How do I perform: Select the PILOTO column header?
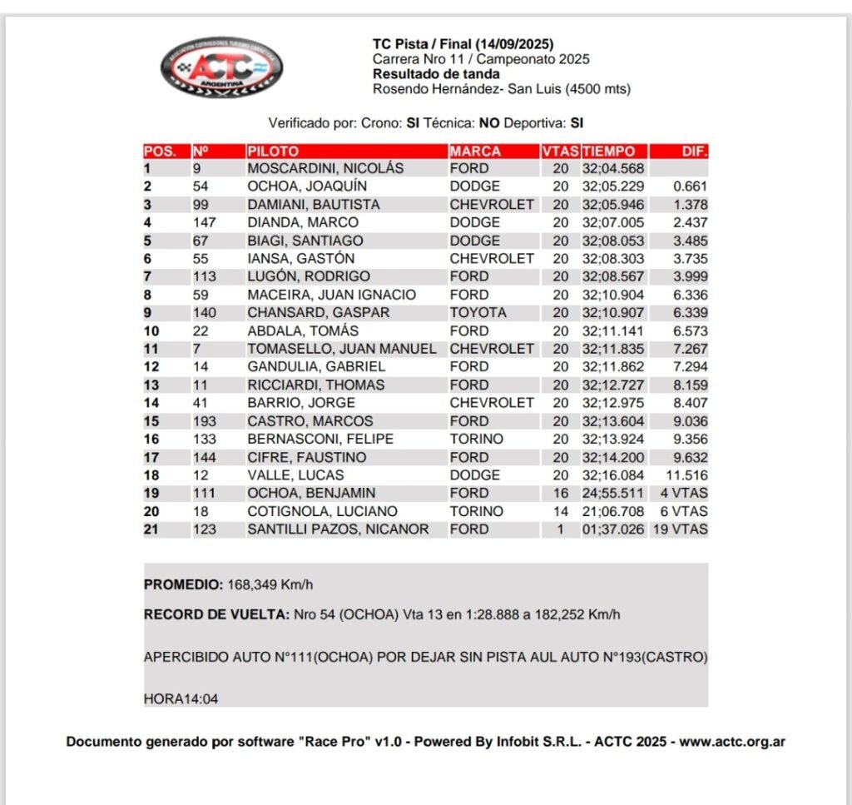pyautogui.click(x=273, y=152)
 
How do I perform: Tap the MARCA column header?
pyautogui.click(x=475, y=152)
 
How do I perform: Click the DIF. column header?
pyautogui.click(x=695, y=152)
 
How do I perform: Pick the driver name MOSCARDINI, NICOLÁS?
pyautogui.click(x=325, y=168)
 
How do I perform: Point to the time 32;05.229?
pyautogui.click(x=612, y=186)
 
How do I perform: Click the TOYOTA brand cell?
pyautogui.click(x=478, y=313)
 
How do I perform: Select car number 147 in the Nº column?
pyautogui.click(x=204, y=222)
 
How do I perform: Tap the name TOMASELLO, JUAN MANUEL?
pyautogui.click(x=342, y=349)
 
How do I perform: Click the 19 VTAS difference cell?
pyautogui.click(x=680, y=529)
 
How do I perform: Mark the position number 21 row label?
pyautogui.click(x=151, y=529)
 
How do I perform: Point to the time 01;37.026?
pyautogui.click(x=612, y=529)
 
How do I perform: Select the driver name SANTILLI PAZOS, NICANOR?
pyautogui.click(x=339, y=529)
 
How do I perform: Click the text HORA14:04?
pyautogui.click(x=181, y=698)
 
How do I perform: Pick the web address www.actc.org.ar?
pyautogui.click(x=732, y=742)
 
